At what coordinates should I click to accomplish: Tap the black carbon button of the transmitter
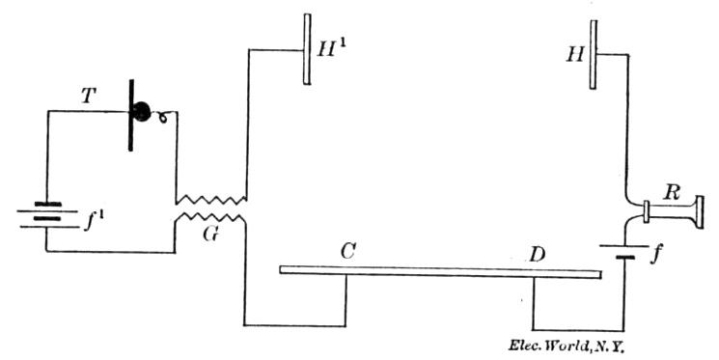pos(142,112)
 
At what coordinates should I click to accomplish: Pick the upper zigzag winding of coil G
pos(210,198)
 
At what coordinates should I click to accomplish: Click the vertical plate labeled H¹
pos(307,48)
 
